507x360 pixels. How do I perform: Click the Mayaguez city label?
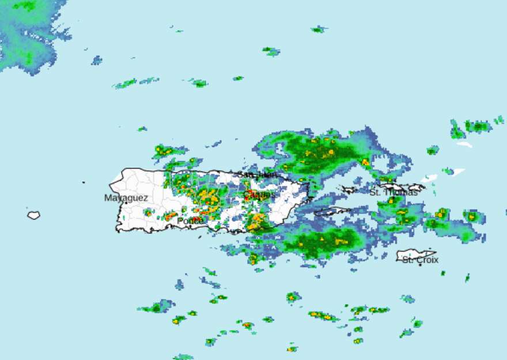[x=126, y=198]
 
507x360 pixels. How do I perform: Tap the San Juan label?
[x=257, y=174]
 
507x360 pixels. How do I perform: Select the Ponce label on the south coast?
[x=190, y=221]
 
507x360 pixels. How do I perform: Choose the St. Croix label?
[x=420, y=260]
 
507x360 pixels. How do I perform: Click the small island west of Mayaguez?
[x=33, y=215]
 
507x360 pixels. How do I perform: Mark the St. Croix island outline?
[x=416, y=254]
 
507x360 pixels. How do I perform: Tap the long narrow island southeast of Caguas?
[x=332, y=211]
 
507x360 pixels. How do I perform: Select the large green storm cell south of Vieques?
[x=323, y=241]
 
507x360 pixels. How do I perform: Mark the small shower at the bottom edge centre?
[x=292, y=348]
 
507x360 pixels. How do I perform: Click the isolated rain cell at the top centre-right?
[x=317, y=29]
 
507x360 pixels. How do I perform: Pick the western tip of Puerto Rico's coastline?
[x=111, y=184]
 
